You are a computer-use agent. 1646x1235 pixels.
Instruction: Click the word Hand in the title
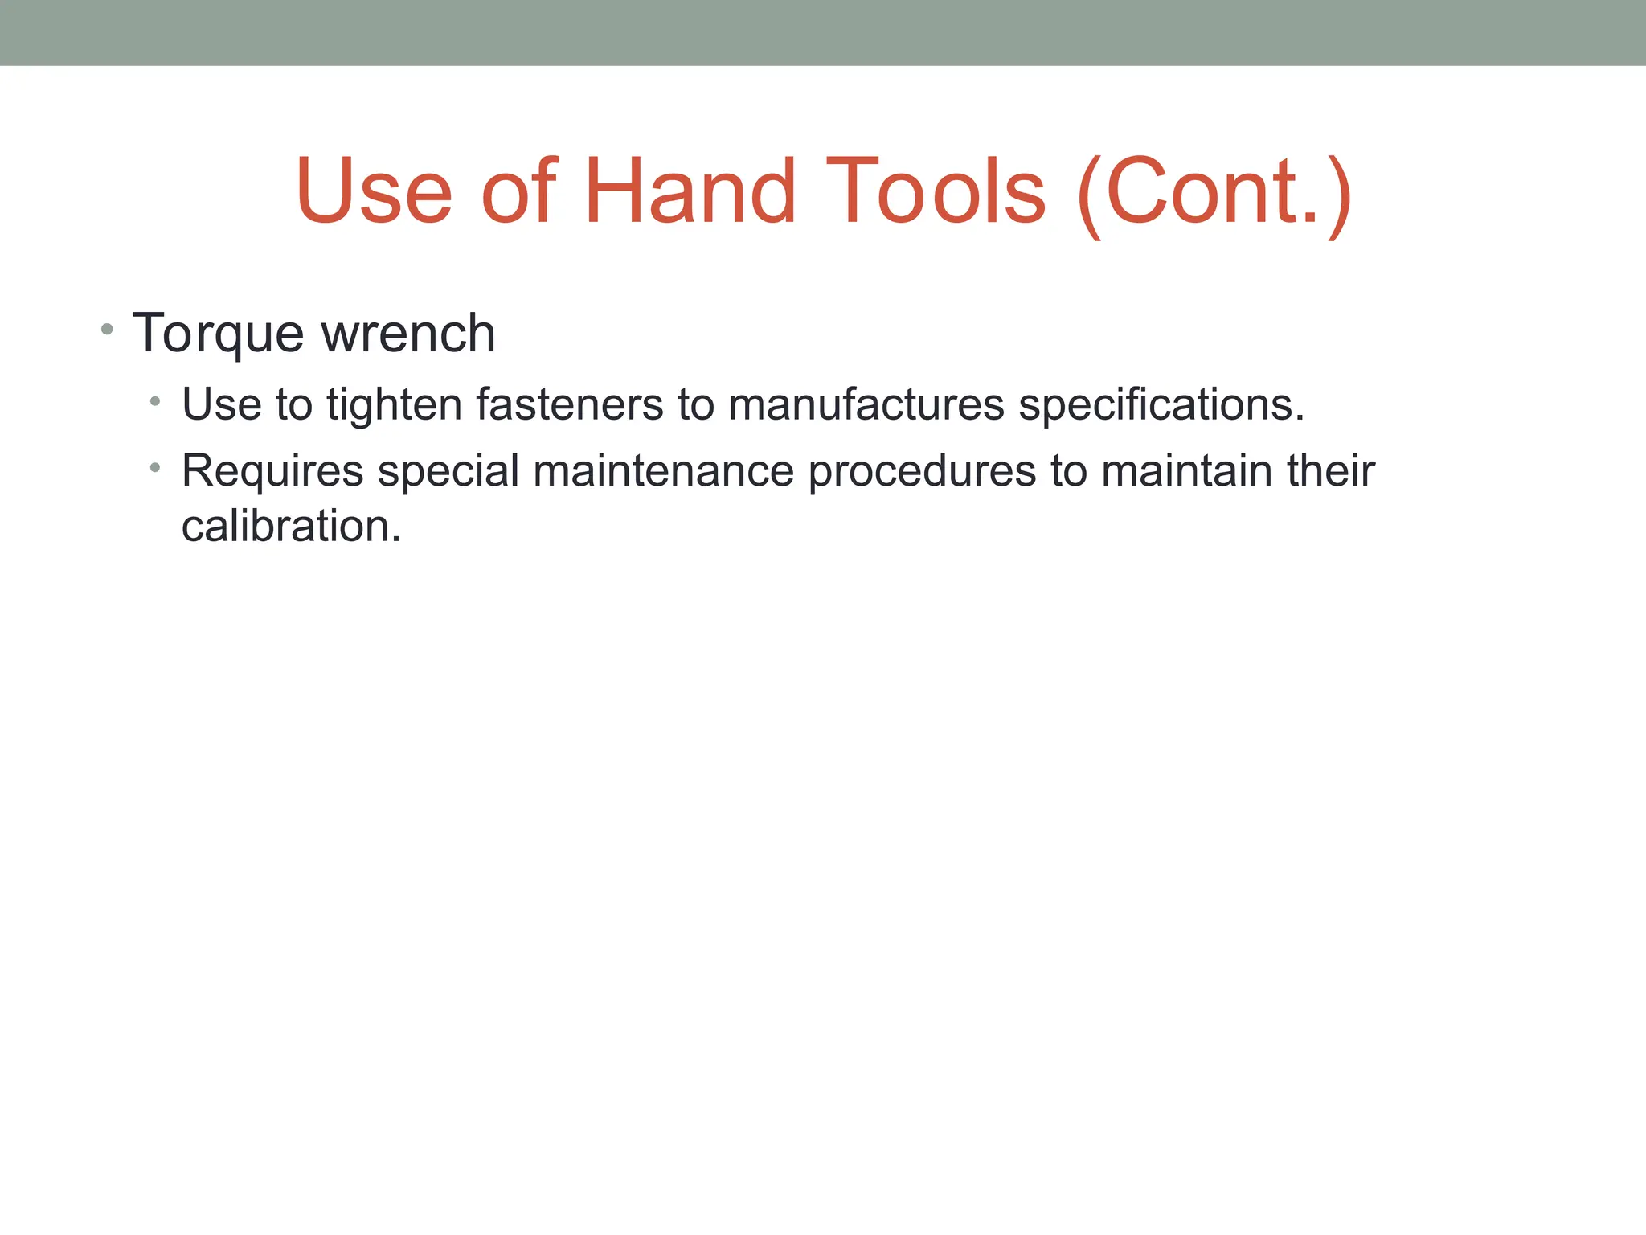coord(690,191)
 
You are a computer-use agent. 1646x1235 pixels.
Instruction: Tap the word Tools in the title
coord(936,191)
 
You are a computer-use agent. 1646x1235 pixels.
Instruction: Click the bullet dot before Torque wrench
coord(107,329)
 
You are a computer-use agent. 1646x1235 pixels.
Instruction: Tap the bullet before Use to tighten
coord(155,400)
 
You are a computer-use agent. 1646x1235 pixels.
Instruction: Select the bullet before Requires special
coord(155,466)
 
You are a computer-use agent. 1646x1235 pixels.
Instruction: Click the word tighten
coord(393,405)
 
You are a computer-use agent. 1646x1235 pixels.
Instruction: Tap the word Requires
coord(272,472)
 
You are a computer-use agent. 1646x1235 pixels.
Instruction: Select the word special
coord(448,472)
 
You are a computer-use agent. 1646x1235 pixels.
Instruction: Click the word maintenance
coord(663,470)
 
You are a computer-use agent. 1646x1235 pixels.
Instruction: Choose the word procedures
coord(922,472)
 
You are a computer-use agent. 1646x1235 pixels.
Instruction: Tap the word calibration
coord(290,527)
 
